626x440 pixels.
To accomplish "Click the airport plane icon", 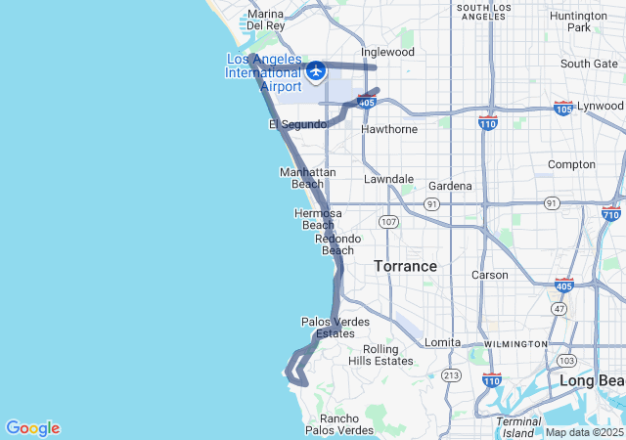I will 315,71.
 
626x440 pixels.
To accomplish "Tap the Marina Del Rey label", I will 265,20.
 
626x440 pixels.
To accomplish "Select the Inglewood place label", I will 387,52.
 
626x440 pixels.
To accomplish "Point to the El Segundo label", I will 297,124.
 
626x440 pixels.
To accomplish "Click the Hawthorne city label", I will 389,129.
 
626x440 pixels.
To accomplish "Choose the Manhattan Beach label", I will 308,178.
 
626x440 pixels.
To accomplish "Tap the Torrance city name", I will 405,266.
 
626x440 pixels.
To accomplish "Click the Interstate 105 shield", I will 563,107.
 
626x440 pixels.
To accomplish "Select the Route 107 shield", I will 389,222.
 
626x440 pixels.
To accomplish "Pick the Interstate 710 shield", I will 612,212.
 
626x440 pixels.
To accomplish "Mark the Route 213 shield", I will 451,374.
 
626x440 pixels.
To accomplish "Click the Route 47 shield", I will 559,308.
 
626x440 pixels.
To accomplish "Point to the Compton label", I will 571,164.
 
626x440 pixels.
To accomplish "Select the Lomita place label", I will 441,342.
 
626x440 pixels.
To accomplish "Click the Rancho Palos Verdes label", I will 339,424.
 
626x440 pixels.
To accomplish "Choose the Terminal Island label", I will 518,427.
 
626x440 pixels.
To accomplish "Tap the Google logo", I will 32,428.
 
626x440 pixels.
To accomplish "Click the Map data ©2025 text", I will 583,432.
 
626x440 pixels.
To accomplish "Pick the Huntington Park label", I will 578,22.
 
